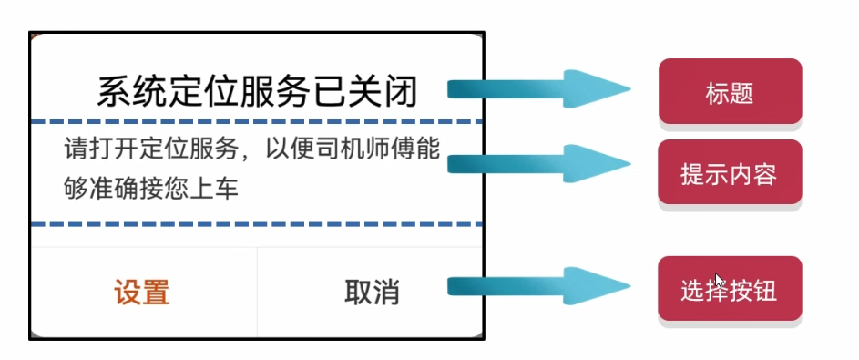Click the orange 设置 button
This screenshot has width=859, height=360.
pyautogui.click(x=142, y=293)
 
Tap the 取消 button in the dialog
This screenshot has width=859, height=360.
pyautogui.click(x=372, y=293)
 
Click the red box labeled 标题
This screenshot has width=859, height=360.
pyautogui.click(x=730, y=92)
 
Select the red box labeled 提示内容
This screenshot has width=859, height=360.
pyautogui.click(x=730, y=173)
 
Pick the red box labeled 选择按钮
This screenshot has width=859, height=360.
pyautogui.click(x=730, y=290)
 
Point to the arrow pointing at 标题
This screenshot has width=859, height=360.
pyautogui.click(x=537, y=89)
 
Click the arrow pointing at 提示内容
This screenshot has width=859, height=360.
pyautogui.click(x=537, y=164)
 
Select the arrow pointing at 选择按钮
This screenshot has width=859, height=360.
pyautogui.click(x=537, y=287)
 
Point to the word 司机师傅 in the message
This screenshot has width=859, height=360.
pyautogui.click(x=373, y=148)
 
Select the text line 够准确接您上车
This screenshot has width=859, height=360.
pyautogui.click(x=151, y=189)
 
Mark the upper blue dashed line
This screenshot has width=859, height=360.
pyautogui.click(x=256, y=121)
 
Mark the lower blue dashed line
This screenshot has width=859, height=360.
pyautogui.click(x=256, y=224)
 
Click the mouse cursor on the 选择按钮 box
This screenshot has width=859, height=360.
pyautogui.click(x=720, y=280)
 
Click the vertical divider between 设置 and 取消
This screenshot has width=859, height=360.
pyautogui.click(x=257, y=292)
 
